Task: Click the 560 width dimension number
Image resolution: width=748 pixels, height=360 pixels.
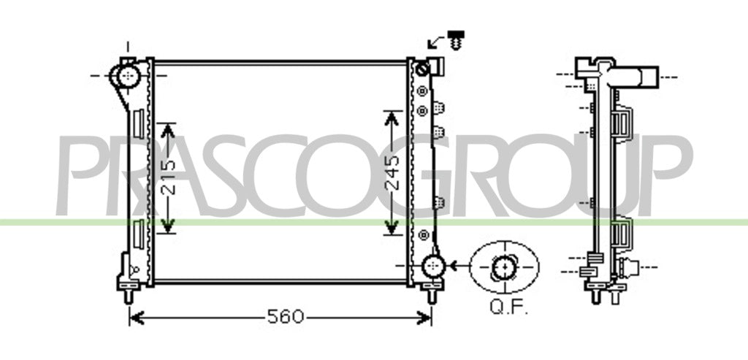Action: (x=286, y=317)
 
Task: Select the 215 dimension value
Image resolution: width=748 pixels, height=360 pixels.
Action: (x=168, y=178)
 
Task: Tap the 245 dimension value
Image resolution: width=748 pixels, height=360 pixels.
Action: (x=392, y=172)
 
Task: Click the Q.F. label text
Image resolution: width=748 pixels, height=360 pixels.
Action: (x=509, y=307)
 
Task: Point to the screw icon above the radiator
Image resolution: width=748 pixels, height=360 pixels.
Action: (x=456, y=40)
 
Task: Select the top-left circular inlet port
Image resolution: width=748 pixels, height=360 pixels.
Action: (x=128, y=76)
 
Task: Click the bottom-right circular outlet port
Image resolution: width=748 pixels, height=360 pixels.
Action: (x=432, y=266)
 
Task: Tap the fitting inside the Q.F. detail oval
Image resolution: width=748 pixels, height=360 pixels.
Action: (x=504, y=267)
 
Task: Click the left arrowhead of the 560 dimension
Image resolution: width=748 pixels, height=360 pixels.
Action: (x=137, y=318)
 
